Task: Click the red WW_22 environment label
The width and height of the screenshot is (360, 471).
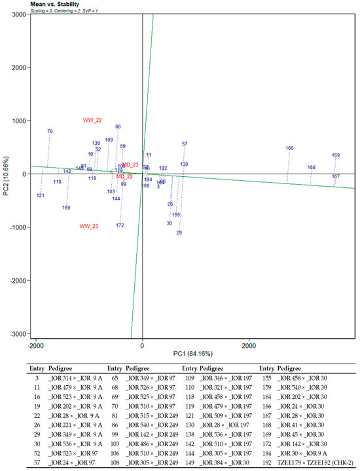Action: click(x=92, y=121)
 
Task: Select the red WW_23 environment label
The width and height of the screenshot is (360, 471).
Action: click(x=89, y=227)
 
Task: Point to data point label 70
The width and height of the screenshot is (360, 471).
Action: click(x=50, y=132)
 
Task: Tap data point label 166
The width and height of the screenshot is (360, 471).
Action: click(x=289, y=149)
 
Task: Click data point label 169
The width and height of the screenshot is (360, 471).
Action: click(x=336, y=156)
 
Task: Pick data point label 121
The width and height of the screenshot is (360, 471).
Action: click(x=41, y=196)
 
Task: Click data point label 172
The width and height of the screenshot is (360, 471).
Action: click(x=120, y=225)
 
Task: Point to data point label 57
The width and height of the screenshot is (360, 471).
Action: click(x=185, y=144)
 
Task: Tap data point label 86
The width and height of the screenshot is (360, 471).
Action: click(x=118, y=127)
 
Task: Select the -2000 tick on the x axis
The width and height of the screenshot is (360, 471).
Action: click(x=36, y=344)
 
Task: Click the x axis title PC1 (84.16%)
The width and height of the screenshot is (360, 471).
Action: click(x=196, y=354)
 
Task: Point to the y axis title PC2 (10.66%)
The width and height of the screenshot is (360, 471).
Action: click(x=5, y=174)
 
